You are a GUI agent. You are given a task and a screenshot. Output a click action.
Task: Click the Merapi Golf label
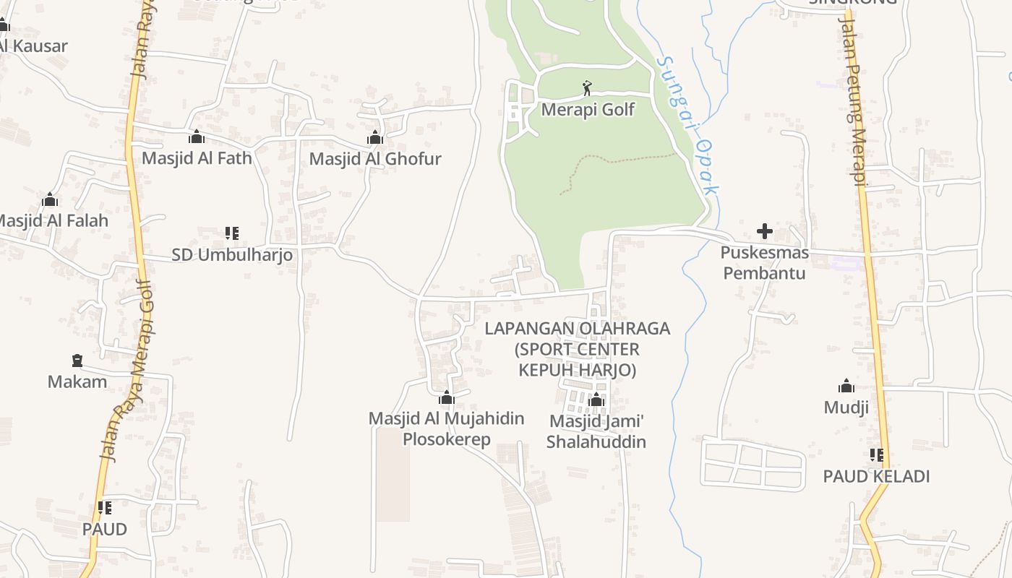[x=588, y=110]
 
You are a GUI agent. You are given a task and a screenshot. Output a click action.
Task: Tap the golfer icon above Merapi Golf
[x=587, y=89]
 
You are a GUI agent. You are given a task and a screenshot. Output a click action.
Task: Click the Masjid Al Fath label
[x=197, y=158]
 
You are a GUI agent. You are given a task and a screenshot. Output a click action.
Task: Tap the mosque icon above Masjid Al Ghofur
[x=374, y=137]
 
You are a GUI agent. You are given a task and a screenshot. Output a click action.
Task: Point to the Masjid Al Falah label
[x=52, y=220]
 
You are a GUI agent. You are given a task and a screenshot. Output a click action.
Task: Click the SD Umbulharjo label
[x=232, y=254]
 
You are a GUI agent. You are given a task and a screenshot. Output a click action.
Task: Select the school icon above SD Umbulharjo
[x=231, y=233]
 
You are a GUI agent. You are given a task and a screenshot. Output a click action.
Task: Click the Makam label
[x=77, y=381]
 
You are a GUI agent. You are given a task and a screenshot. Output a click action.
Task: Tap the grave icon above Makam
[x=77, y=360]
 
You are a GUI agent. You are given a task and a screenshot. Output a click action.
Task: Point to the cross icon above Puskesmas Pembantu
[x=764, y=232]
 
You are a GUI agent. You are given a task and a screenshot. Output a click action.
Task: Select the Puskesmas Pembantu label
[x=764, y=263]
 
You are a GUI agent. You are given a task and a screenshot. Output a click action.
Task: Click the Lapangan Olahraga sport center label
[x=577, y=349]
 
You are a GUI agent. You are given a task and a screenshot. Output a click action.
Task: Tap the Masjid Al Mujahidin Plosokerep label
[x=446, y=428]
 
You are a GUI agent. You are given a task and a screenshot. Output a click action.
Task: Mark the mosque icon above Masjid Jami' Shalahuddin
[x=596, y=400]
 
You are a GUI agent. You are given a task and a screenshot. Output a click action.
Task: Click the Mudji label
[x=846, y=407]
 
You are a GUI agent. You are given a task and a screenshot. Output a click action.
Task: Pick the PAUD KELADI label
[x=876, y=476]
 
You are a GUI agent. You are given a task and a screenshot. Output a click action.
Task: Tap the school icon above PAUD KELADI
[x=876, y=455]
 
